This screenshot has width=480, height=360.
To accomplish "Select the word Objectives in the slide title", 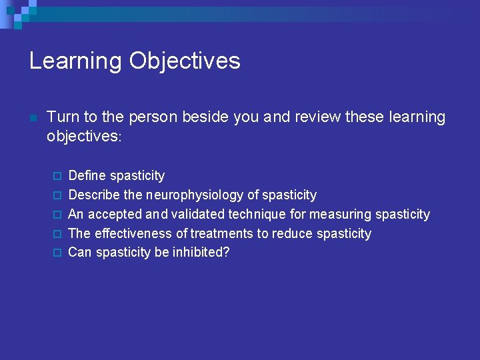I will click(185, 61).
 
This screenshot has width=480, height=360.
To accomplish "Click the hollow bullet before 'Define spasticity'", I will click(57, 176).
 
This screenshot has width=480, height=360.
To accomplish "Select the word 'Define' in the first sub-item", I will click(87, 176).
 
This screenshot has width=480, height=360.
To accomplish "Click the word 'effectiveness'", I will click(135, 234).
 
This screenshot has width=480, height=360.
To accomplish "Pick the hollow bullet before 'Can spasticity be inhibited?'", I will click(57, 253).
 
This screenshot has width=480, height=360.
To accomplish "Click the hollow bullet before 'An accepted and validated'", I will click(57, 215).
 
